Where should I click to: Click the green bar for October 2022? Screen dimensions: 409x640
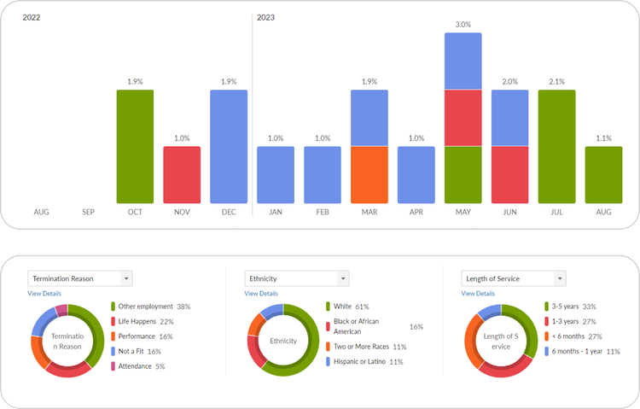coord(135,146)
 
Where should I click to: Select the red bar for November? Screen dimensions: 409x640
coord(182,174)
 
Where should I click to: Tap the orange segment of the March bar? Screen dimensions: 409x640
coord(369,174)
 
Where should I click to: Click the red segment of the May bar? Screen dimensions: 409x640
coord(463,118)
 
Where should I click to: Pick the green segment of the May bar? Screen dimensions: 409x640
coord(463,174)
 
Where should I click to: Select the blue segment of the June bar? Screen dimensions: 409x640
coord(510,118)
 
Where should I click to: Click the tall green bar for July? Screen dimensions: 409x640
coord(557,146)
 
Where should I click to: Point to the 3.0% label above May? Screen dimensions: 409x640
coord(463,25)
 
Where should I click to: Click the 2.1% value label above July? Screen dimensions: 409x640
coord(557,81)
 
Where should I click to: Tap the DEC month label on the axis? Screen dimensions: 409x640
coord(229,212)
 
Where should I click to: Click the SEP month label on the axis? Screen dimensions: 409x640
coord(88,212)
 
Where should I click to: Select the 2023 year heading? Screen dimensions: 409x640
coord(265,17)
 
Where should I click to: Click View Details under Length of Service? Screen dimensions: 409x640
coord(478,294)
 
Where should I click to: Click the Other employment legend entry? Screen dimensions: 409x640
coord(149,307)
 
